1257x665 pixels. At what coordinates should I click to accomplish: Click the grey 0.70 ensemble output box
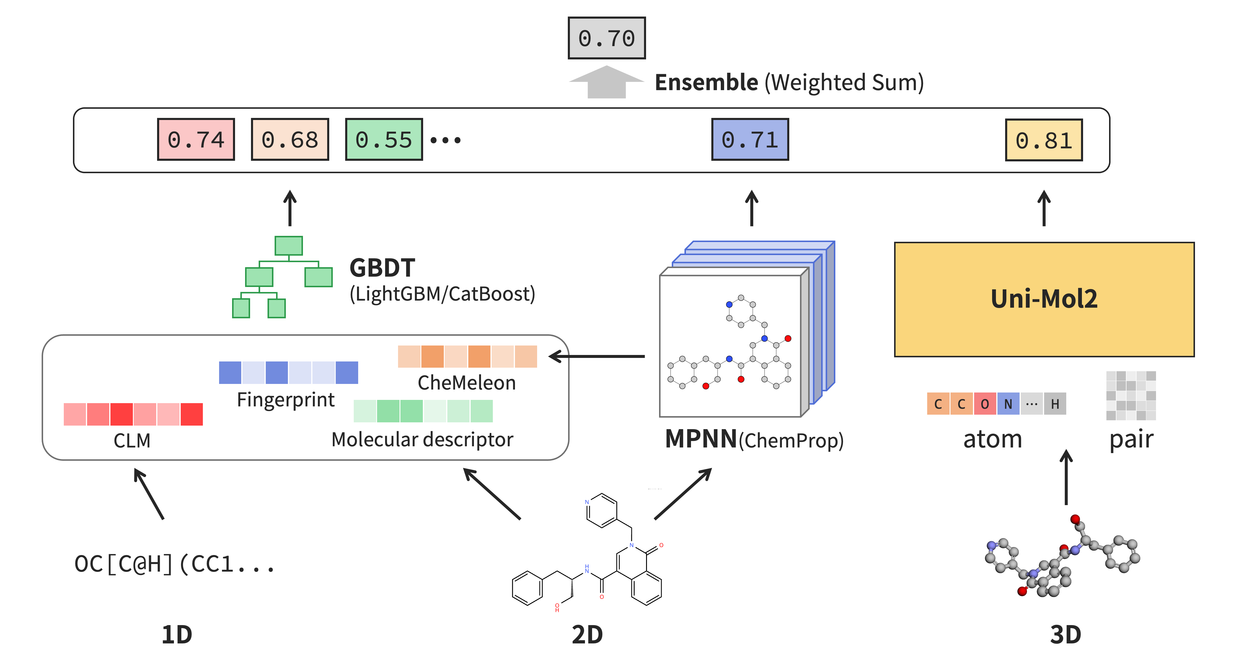pos(607,38)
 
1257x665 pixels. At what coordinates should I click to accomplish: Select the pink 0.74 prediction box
pos(196,140)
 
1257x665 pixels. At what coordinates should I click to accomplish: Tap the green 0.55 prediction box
pos(384,140)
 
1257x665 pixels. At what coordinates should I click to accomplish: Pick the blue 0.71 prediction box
pos(750,140)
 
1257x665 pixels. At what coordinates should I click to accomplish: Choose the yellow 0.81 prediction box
pos(1044,140)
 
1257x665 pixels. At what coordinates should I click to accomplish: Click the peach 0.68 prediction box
pos(290,140)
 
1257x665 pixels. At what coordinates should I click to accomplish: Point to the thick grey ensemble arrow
pos(607,82)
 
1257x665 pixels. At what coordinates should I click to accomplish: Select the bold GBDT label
pos(382,267)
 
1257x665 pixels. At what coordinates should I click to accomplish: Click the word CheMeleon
pos(467,383)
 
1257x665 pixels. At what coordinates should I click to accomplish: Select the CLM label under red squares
pos(132,440)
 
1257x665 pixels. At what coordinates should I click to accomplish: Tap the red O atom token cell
pos(985,404)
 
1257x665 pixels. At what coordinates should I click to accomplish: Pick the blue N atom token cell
pos(1008,404)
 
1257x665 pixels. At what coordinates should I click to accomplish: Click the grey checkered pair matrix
pos(1131,395)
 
